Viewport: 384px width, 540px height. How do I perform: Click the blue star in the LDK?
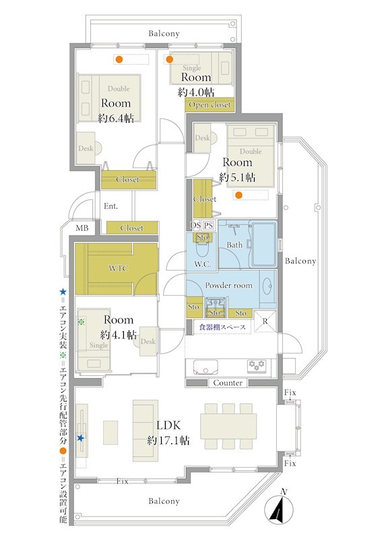click(80, 438)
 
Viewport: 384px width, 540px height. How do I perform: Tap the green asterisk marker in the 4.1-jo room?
click(82, 322)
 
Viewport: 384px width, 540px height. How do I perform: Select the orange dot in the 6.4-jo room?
click(119, 59)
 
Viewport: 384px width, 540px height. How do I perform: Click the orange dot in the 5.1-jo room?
click(238, 195)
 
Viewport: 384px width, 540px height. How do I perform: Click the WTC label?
click(119, 268)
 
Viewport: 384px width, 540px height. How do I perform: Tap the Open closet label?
click(210, 105)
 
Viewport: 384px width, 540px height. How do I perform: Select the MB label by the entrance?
click(82, 228)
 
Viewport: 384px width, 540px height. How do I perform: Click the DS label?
click(195, 225)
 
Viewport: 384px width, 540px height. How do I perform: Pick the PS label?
click(208, 225)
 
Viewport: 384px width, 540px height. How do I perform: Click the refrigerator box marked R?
click(265, 321)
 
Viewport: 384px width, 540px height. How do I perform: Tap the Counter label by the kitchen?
click(228, 383)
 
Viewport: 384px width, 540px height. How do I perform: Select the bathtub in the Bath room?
click(264, 244)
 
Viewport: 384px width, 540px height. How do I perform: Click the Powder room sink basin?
click(268, 286)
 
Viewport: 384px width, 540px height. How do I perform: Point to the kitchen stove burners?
click(257, 365)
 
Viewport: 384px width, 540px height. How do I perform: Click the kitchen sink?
click(205, 367)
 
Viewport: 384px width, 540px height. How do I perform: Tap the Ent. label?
click(110, 206)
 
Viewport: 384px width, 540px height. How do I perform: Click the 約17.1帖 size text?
click(168, 440)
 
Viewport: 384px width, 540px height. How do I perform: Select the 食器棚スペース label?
click(222, 327)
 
